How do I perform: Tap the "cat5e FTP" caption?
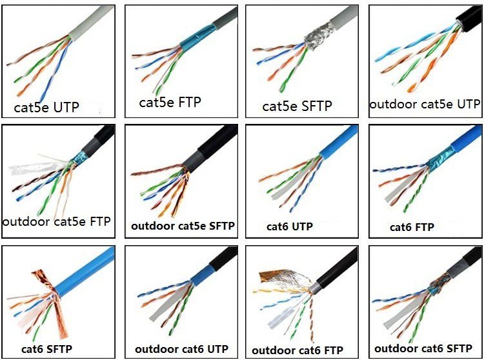tap(170, 102)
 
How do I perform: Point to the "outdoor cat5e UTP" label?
tap(425, 104)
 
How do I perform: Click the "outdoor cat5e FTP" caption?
tap(56, 221)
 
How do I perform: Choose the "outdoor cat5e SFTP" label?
tap(183, 226)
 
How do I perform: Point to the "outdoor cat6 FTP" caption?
tap(297, 350)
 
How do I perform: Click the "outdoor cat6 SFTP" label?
tap(423, 349)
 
